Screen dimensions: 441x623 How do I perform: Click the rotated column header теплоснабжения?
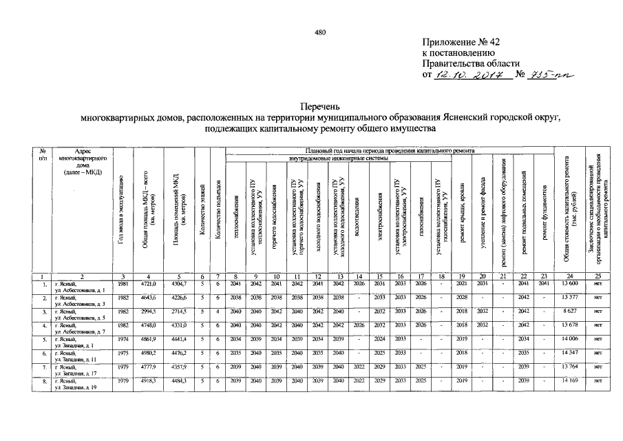(x=236, y=207)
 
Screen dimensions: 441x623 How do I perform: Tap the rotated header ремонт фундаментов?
(x=544, y=207)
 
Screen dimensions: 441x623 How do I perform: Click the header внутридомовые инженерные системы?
(x=337, y=158)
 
